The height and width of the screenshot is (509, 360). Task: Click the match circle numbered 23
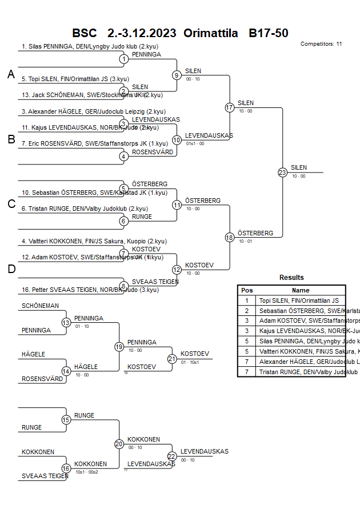(282, 173)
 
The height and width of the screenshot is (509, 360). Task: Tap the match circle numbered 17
(230, 107)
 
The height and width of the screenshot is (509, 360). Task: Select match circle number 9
(177, 75)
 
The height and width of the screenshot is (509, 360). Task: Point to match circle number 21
(171, 359)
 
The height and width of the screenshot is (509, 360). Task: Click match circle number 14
(66, 371)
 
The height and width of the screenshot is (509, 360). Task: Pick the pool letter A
(11, 74)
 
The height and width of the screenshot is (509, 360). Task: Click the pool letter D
(11, 269)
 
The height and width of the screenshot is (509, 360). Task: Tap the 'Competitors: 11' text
(321, 44)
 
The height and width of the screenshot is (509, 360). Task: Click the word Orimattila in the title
(210, 33)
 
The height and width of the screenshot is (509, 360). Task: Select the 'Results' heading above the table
(291, 278)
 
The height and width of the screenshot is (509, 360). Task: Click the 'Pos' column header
(247, 290)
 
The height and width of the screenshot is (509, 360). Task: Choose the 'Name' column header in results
(301, 290)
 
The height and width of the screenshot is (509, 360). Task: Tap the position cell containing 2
(247, 310)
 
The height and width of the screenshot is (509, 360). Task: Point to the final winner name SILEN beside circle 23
(299, 168)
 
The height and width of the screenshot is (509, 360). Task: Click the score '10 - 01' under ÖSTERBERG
(246, 241)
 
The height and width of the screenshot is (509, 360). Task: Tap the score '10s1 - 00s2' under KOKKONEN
(87, 472)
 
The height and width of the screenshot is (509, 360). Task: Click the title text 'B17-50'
(268, 33)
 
